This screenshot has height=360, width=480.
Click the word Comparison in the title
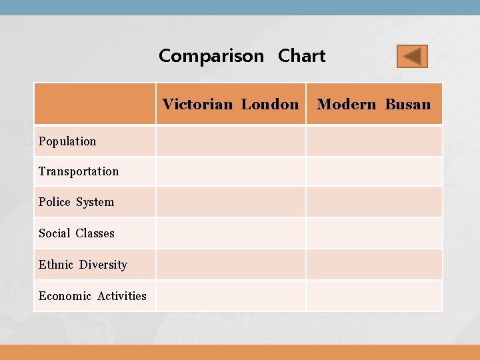pos(211,56)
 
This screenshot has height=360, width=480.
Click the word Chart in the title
pos(302,56)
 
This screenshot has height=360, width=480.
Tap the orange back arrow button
pos(412,57)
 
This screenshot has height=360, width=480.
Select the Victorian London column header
pos(231,104)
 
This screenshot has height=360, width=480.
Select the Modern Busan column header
pos(374,104)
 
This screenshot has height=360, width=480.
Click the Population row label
pos(67,141)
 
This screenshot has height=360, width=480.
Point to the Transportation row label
pos(79,171)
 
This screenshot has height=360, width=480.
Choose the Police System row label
pos(76,202)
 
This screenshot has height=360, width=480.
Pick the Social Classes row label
pos(77,233)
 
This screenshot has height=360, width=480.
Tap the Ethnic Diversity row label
pos(83,265)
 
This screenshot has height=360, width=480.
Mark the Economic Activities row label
pos(93,296)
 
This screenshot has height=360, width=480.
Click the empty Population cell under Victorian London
pos(231,141)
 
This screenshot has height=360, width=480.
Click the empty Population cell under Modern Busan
pos(374,141)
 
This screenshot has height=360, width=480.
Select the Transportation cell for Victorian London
pos(231,171)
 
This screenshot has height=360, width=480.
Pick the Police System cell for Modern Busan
pos(374,202)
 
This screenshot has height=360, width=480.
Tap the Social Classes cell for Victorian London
pos(231,233)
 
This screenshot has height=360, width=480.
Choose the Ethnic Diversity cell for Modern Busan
pos(374,265)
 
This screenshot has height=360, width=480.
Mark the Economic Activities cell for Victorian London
pos(231,296)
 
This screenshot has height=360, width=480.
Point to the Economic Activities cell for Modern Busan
pos(374,296)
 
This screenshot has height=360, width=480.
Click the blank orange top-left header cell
pos(95,104)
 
